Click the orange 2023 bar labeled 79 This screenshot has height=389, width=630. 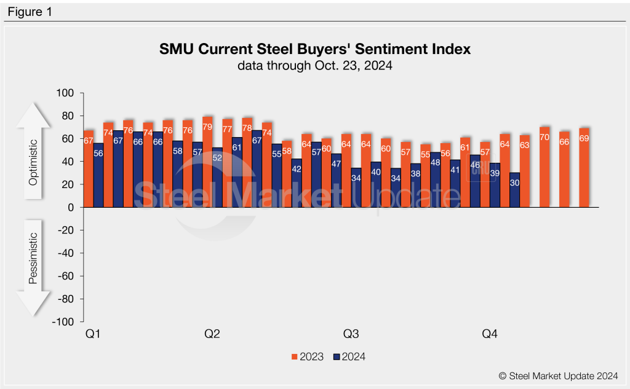click(208, 162)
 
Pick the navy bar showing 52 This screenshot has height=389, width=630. click(218, 178)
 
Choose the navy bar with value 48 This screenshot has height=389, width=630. click(436, 180)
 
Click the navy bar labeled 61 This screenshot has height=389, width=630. click(237, 173)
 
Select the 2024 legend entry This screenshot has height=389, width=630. click(349, 356)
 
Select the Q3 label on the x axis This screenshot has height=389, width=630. click(351, 334)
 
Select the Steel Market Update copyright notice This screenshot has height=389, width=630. click(558, 375)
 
